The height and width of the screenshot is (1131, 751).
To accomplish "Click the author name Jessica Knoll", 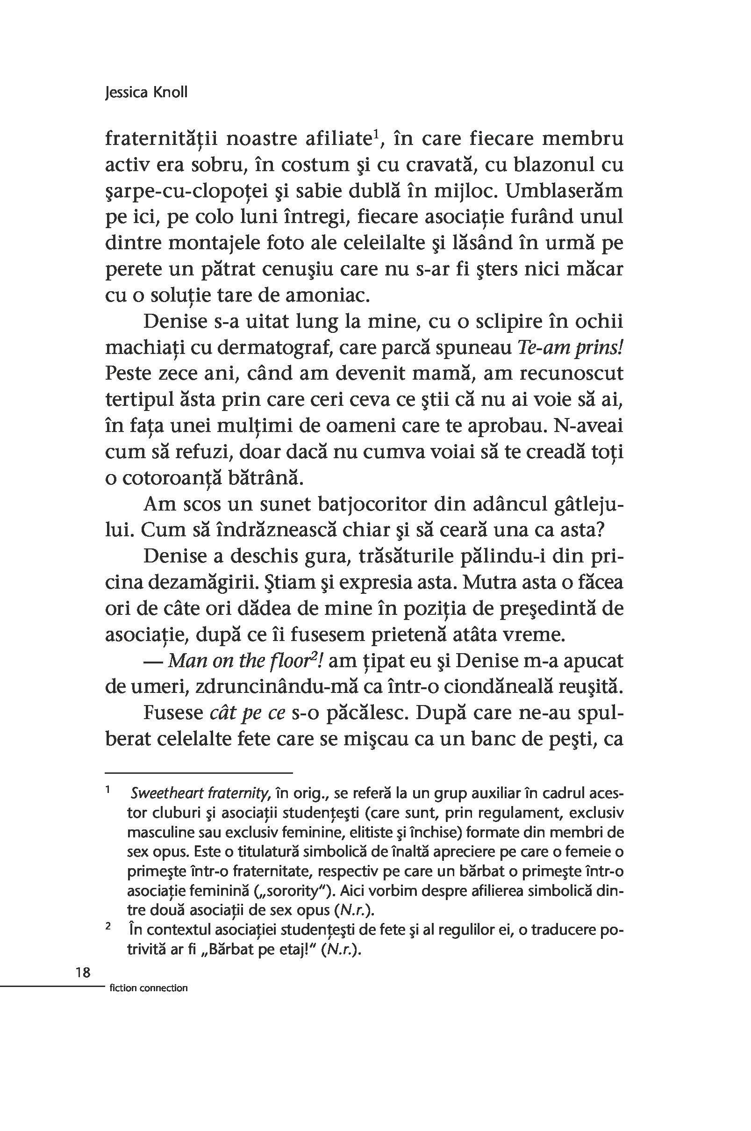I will point(146,93).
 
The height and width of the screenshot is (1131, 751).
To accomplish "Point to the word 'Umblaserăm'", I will point(564,191).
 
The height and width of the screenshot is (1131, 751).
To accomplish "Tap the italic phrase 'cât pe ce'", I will point(248,713).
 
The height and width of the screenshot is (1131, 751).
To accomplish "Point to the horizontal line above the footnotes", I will point(198,772).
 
